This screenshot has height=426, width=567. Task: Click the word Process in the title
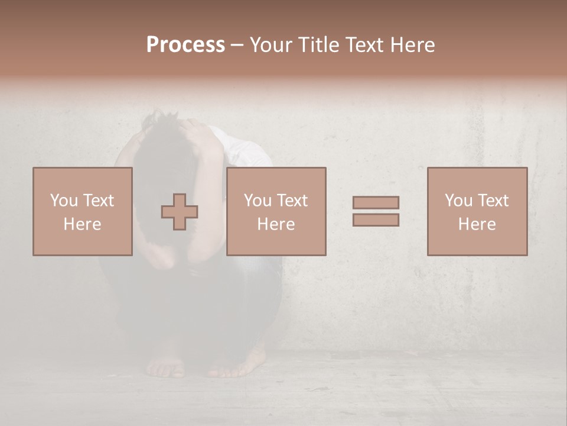click(x=185, y=45)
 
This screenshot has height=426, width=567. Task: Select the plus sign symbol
click(x=180, y=211)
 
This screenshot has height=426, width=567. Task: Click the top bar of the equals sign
click(x=376, y=202)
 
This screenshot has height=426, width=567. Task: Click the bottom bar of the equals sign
click(x=376, y=220)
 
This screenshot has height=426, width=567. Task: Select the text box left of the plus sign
click(x=83, y=211)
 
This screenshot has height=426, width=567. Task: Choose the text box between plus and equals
click(x=276, y=211)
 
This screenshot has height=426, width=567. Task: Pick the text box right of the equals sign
click(x=477, y=211)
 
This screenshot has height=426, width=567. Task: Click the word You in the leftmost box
click(x=64, y=200)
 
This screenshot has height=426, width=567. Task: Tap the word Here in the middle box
click(x=276, y=224)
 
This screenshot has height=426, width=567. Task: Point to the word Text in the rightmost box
click(x=493, y=200)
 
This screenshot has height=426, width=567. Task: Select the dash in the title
click(x=237, y=45)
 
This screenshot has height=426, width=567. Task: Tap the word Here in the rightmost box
click(x=477, y=224)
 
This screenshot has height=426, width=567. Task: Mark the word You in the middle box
click(x=258, y=200)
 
